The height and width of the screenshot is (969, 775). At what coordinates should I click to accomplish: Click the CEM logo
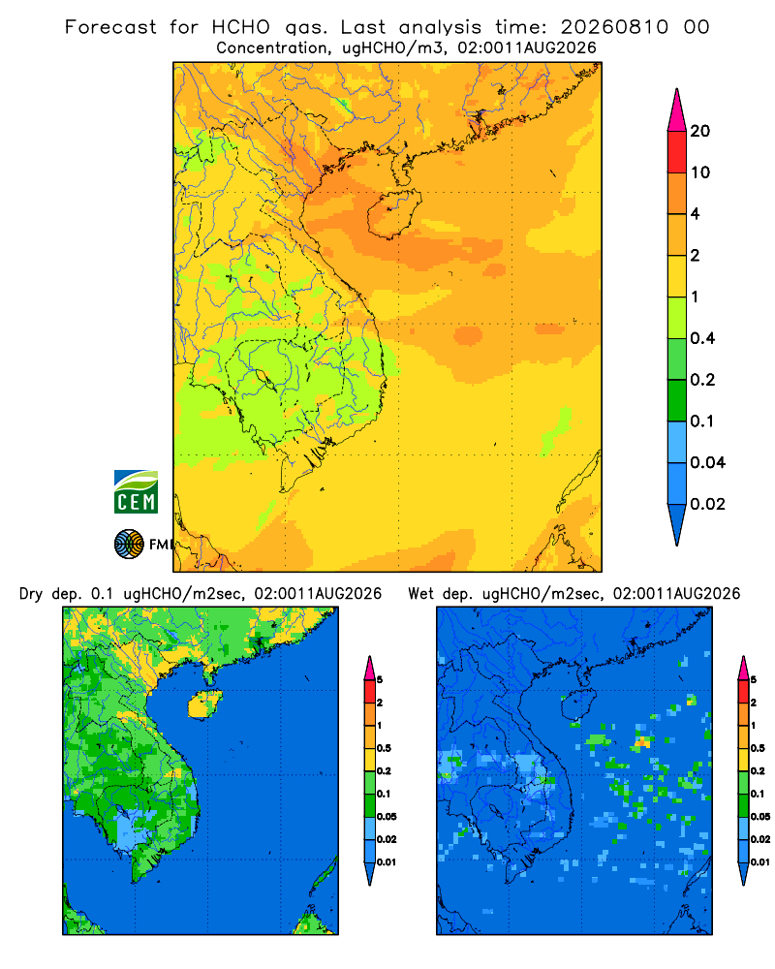[x=136, y=492]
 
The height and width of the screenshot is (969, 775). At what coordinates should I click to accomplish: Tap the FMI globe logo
[x=129, y=544]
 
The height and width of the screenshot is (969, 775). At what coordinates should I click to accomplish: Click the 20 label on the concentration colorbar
[x=700, y=131]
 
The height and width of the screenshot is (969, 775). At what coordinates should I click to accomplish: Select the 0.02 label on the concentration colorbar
[x=707, y=504]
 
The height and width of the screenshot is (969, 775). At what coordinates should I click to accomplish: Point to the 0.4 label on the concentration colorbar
[x=702, y=338]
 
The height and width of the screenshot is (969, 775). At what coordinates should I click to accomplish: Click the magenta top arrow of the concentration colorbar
[x=677, y=110]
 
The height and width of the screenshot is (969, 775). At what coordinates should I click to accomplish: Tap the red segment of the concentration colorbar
[x=677, y=152]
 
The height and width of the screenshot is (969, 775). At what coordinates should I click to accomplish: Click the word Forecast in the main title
[x=110, y=27]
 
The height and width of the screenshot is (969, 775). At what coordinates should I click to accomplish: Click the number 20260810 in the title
[x=614, y=27]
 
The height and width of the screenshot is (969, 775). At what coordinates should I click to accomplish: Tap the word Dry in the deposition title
[x=31, y=595]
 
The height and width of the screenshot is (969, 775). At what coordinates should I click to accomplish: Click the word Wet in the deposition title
[x=421, y=594]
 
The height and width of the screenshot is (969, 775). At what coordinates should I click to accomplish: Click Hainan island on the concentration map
[x=393, y=214]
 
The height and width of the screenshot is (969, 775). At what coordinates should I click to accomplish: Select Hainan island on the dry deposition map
[x=204, y=703]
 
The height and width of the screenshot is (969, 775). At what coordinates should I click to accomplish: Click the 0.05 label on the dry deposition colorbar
[x=387, y=816]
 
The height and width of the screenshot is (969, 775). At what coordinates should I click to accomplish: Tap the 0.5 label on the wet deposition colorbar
[x=758, y=748]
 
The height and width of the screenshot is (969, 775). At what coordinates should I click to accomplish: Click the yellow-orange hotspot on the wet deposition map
[x=642, y=740]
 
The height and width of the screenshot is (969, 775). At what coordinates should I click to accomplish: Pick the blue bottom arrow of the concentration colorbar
[x=677, y=524]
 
